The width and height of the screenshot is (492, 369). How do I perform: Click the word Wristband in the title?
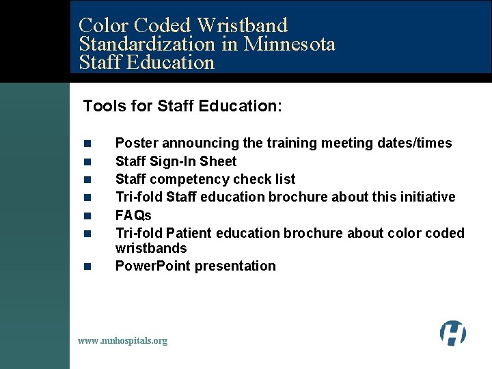pos(242,26)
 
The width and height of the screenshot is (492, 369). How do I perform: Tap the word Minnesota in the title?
pos(290,44)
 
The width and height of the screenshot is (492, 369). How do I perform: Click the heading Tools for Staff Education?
pos(182,106)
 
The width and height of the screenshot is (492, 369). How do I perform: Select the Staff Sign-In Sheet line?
pos(176,162)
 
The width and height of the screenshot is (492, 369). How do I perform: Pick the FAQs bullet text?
pos(133,215)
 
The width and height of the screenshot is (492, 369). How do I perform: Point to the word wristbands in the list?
pos(151,248)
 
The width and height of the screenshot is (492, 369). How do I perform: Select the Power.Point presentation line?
pos(195,266)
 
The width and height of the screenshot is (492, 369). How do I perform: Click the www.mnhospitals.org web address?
pos(122,340)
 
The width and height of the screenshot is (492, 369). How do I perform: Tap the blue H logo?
pos(452,333)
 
